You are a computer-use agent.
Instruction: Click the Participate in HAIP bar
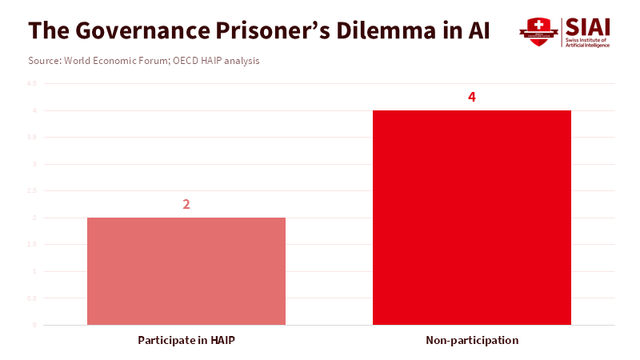click(x=186, y=271)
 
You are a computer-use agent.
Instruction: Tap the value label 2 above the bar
click(x=186, y=204)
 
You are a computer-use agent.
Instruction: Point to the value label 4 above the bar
click(x=472, y=97)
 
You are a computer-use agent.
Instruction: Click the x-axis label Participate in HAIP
click(x=186, y=340)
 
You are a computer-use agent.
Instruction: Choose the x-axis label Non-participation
click(x=472, y=340)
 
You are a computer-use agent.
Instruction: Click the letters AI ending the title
click(x=478, y=30)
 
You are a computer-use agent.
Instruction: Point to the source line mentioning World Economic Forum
click(x=144, y=61)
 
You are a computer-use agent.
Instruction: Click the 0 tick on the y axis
click(x=34, y=325)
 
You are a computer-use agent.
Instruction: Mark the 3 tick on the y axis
click(x=34, y=164)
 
